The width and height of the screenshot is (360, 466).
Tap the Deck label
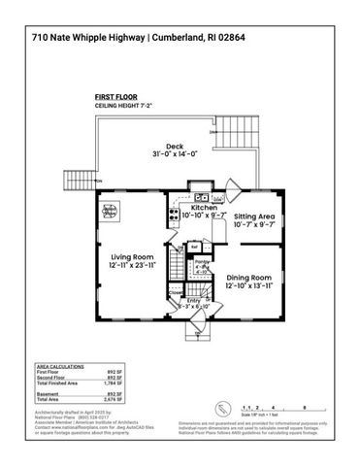pos(174,146)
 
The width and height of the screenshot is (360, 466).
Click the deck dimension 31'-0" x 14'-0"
pos(175,156)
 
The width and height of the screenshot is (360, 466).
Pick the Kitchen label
pos(204,208)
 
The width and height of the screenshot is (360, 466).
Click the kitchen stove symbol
pos(175,217)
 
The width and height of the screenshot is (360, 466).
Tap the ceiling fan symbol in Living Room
pos(111,211)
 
